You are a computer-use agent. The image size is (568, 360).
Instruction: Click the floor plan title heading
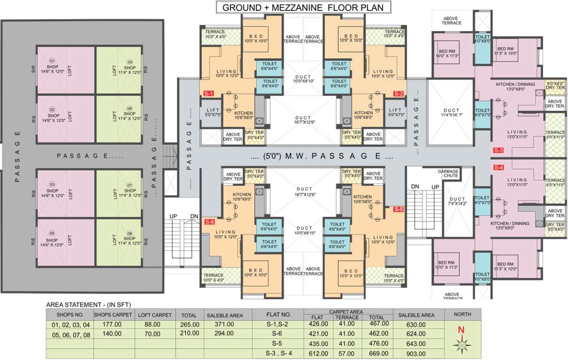[303, 7]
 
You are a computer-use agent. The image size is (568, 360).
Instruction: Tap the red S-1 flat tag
[209, 94]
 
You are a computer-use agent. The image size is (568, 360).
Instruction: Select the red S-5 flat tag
[398, 210]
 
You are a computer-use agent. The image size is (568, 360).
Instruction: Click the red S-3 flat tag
[498, 150]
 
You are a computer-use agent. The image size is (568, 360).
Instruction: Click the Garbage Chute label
[447, 174]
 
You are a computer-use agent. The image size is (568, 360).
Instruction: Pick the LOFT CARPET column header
[155, 315]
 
